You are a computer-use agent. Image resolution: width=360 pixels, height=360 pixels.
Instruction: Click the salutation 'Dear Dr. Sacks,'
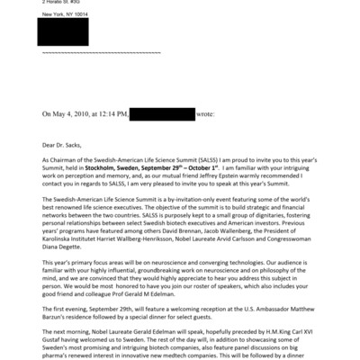pyautogui.click(x=65, y=142)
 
